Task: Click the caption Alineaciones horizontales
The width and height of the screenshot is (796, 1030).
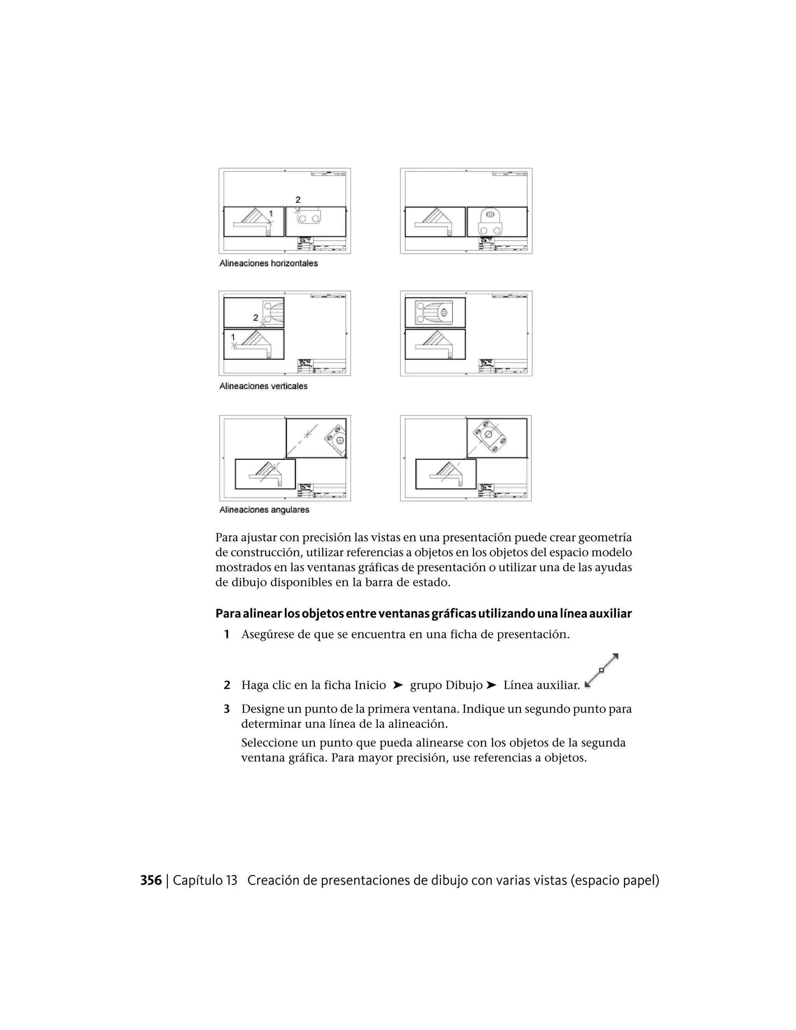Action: tap(268, 264)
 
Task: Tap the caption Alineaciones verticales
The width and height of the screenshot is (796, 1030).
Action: tap(263, 386)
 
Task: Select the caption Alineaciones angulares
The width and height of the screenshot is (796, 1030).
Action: tap(264, 510)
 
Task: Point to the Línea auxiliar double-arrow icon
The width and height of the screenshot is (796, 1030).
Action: tap(601, 670)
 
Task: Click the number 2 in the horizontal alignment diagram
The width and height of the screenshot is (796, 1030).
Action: tap(298, 200)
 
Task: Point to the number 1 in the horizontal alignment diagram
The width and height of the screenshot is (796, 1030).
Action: tap(271, 214)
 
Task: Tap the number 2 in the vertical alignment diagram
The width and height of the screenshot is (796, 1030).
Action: tap(256, 318)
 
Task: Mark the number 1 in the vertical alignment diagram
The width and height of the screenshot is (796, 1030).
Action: tap(233, 338)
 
